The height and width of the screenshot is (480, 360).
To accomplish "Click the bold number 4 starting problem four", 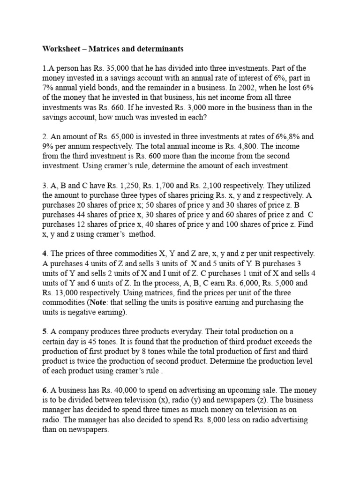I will [x=45, y=254].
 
